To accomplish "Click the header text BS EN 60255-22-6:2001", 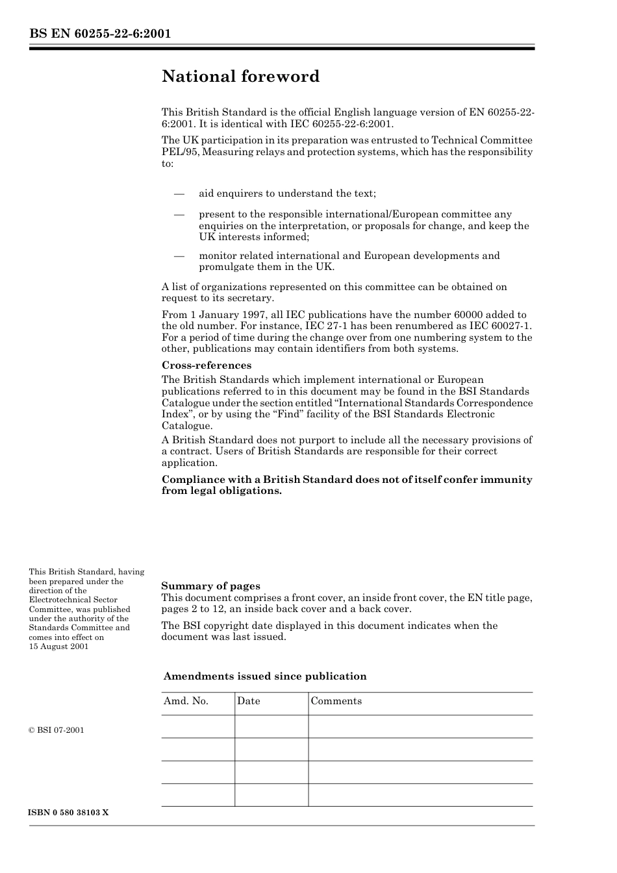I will pyautogui.click(x=100, y=34).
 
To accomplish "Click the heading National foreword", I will pyautogui.click(x=240, y=77).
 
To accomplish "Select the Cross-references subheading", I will pyautogui.click(x=206, y=365).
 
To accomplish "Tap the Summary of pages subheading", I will pyautogui.click(x=210, y=586).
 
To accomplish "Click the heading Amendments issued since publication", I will pyautogui.click(x=264, y=676).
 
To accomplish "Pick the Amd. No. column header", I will pyautogui.click(x=186, y=701).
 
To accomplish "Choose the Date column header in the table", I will pyautogui.click(x=248, y=701).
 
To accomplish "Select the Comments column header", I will pyautogui.click(x=336, y=701).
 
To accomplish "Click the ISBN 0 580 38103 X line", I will pyautogui.click(x=68, y=813).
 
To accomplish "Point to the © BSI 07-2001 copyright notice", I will pyautogui.click(x=57, y=730).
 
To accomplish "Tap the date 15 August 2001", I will pyautogui.click(x=58, y=646).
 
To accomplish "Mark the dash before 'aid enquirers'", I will pyautogui.click(x=179, y=193).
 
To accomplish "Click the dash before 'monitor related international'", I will pyautogui.click(x=179, y=256).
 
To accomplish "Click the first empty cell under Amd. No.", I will pyautogui.click(x=198, y=726).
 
